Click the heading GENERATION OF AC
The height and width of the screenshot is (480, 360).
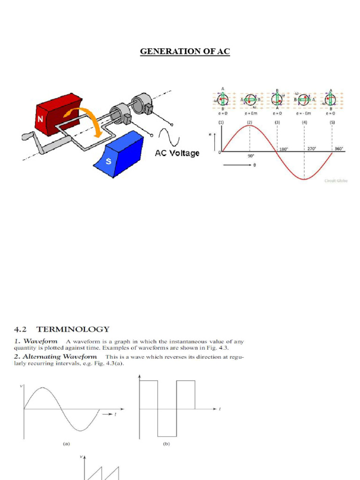click(x=185, y=51)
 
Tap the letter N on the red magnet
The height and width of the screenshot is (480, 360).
click(x=41, y=120)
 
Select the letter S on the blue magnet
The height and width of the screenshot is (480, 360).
click(x=109, y=161)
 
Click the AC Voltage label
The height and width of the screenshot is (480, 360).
click(x=177, y=153)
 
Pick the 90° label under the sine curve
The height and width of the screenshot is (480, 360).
click(x=251, y=157)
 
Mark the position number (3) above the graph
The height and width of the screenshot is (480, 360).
click(x=277, y=122)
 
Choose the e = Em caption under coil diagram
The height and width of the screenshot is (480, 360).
click(x=250, y=113)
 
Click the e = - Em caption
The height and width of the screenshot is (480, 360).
click(x=304, y=113)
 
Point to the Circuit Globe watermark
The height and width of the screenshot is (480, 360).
click(x=336, y=180)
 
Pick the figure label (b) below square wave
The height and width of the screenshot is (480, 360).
click(x=166, y=443)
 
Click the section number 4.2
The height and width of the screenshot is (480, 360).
click(x=22, y=330)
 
